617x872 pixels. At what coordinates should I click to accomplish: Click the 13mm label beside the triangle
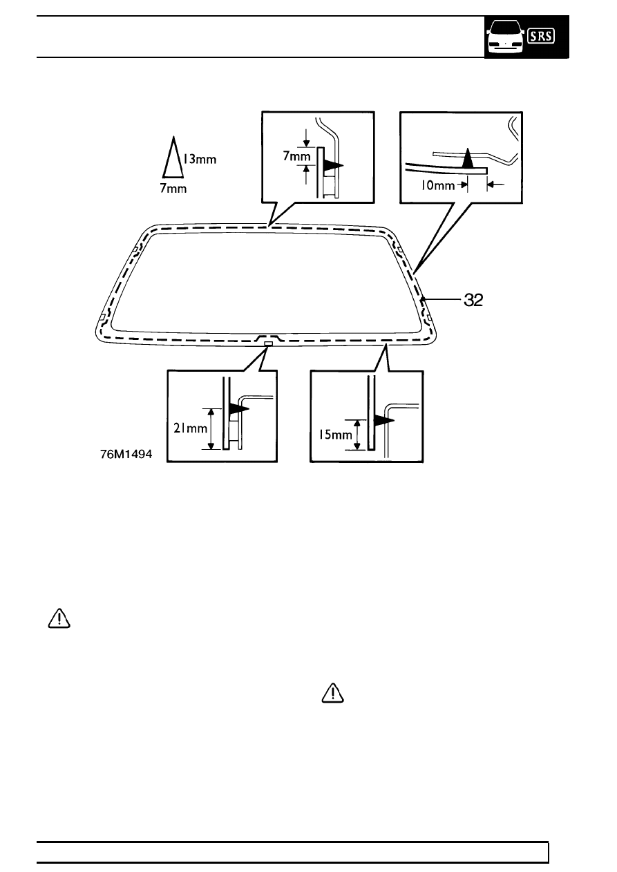click(200, 159)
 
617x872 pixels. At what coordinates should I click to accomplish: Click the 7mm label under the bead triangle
click(173, 189)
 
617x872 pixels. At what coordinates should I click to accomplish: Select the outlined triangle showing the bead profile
click(173, 158)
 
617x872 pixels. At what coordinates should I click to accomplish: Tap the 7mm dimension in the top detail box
click(296, 156)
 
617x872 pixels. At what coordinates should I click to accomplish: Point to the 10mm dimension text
click(437, 185)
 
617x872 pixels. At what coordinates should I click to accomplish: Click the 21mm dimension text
click(191, 428)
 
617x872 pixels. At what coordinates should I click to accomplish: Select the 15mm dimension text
click(335, 435)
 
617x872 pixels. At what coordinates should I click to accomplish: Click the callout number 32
click(473, 300)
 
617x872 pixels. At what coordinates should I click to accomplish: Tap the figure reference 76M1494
click(126, 454)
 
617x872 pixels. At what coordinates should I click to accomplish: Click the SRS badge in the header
click(541, 36)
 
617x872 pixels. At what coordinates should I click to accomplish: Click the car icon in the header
click(506, 37)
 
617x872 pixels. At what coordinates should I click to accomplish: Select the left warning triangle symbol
click(59, 618)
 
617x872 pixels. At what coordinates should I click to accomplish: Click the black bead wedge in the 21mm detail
click(239, 409)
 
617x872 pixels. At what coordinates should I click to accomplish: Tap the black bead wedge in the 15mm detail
click(384, 420)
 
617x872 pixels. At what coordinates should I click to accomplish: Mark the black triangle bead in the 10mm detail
click(468, 158)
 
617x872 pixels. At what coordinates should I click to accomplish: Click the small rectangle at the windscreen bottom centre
click(268, 343)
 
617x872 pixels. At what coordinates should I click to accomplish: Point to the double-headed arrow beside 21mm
click(211, 429)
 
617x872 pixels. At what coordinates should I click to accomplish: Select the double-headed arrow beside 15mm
click(357, 435)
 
